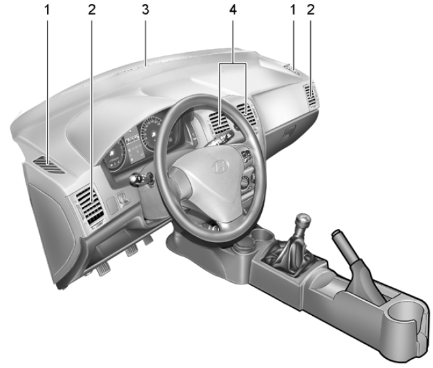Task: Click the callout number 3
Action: [146, 11]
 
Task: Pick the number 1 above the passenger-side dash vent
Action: [293, 11]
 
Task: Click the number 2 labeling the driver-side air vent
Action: [92, 11]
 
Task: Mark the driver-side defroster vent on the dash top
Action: [52, 166]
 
